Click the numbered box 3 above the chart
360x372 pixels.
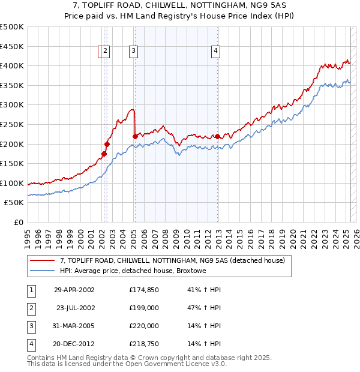tap(133, 52)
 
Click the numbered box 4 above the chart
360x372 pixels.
tap(215, 52)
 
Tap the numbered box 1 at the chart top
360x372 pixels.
tap(100, 52)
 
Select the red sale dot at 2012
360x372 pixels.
tap(217, 136)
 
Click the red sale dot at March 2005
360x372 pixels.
tap(135, 136)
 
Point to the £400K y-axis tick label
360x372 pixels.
tap(12, 66)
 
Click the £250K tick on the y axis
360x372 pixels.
tap(12, 124)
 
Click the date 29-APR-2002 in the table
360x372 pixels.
tap(74, 290)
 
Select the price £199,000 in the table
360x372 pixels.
tap(143, 308)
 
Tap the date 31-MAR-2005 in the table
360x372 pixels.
tap(74, 326)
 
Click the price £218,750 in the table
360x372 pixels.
tap(143, 344)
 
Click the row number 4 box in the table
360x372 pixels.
tap(30, 344)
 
